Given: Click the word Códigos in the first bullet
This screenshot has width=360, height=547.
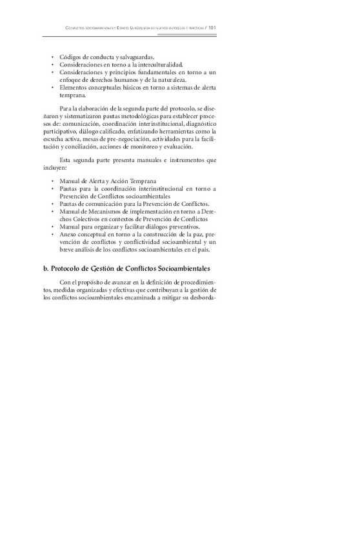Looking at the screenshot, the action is click(70, 57).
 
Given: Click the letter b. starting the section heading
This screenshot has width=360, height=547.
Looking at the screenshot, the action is click(46, 268).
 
